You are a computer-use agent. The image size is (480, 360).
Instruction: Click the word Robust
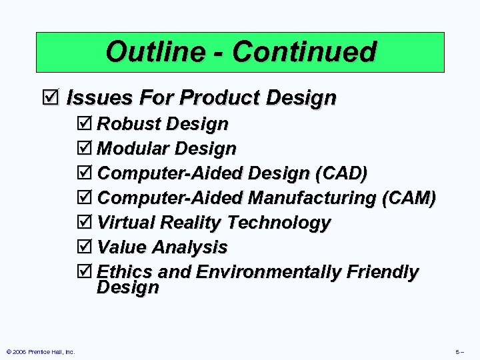click(129, 125)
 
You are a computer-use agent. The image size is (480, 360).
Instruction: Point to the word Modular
click(133, 149)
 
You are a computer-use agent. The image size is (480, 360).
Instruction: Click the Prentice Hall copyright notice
click(39, 351)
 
